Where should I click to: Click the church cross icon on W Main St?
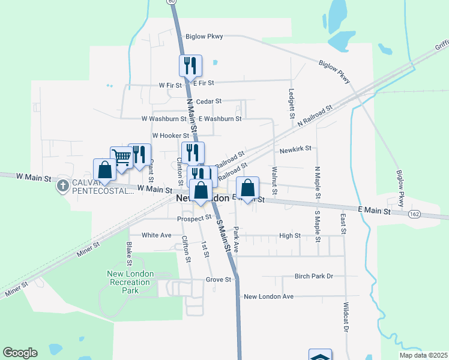point(62,185)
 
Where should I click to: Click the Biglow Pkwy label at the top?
point(204,37)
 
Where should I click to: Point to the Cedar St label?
point(209,101)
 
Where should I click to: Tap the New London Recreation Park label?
point(130,282)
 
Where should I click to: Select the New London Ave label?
point(268,296)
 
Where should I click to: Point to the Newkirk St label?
point(295,148)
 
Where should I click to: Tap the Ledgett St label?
point(291,103)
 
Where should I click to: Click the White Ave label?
point(157,235)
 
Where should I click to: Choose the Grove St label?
point(218,280)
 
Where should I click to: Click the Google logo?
point(20,353)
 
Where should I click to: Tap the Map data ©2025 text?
point(423,355)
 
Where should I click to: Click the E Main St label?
point(374,211)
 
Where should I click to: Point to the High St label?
point(290,236)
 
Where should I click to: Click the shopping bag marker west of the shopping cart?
point(104,170)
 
